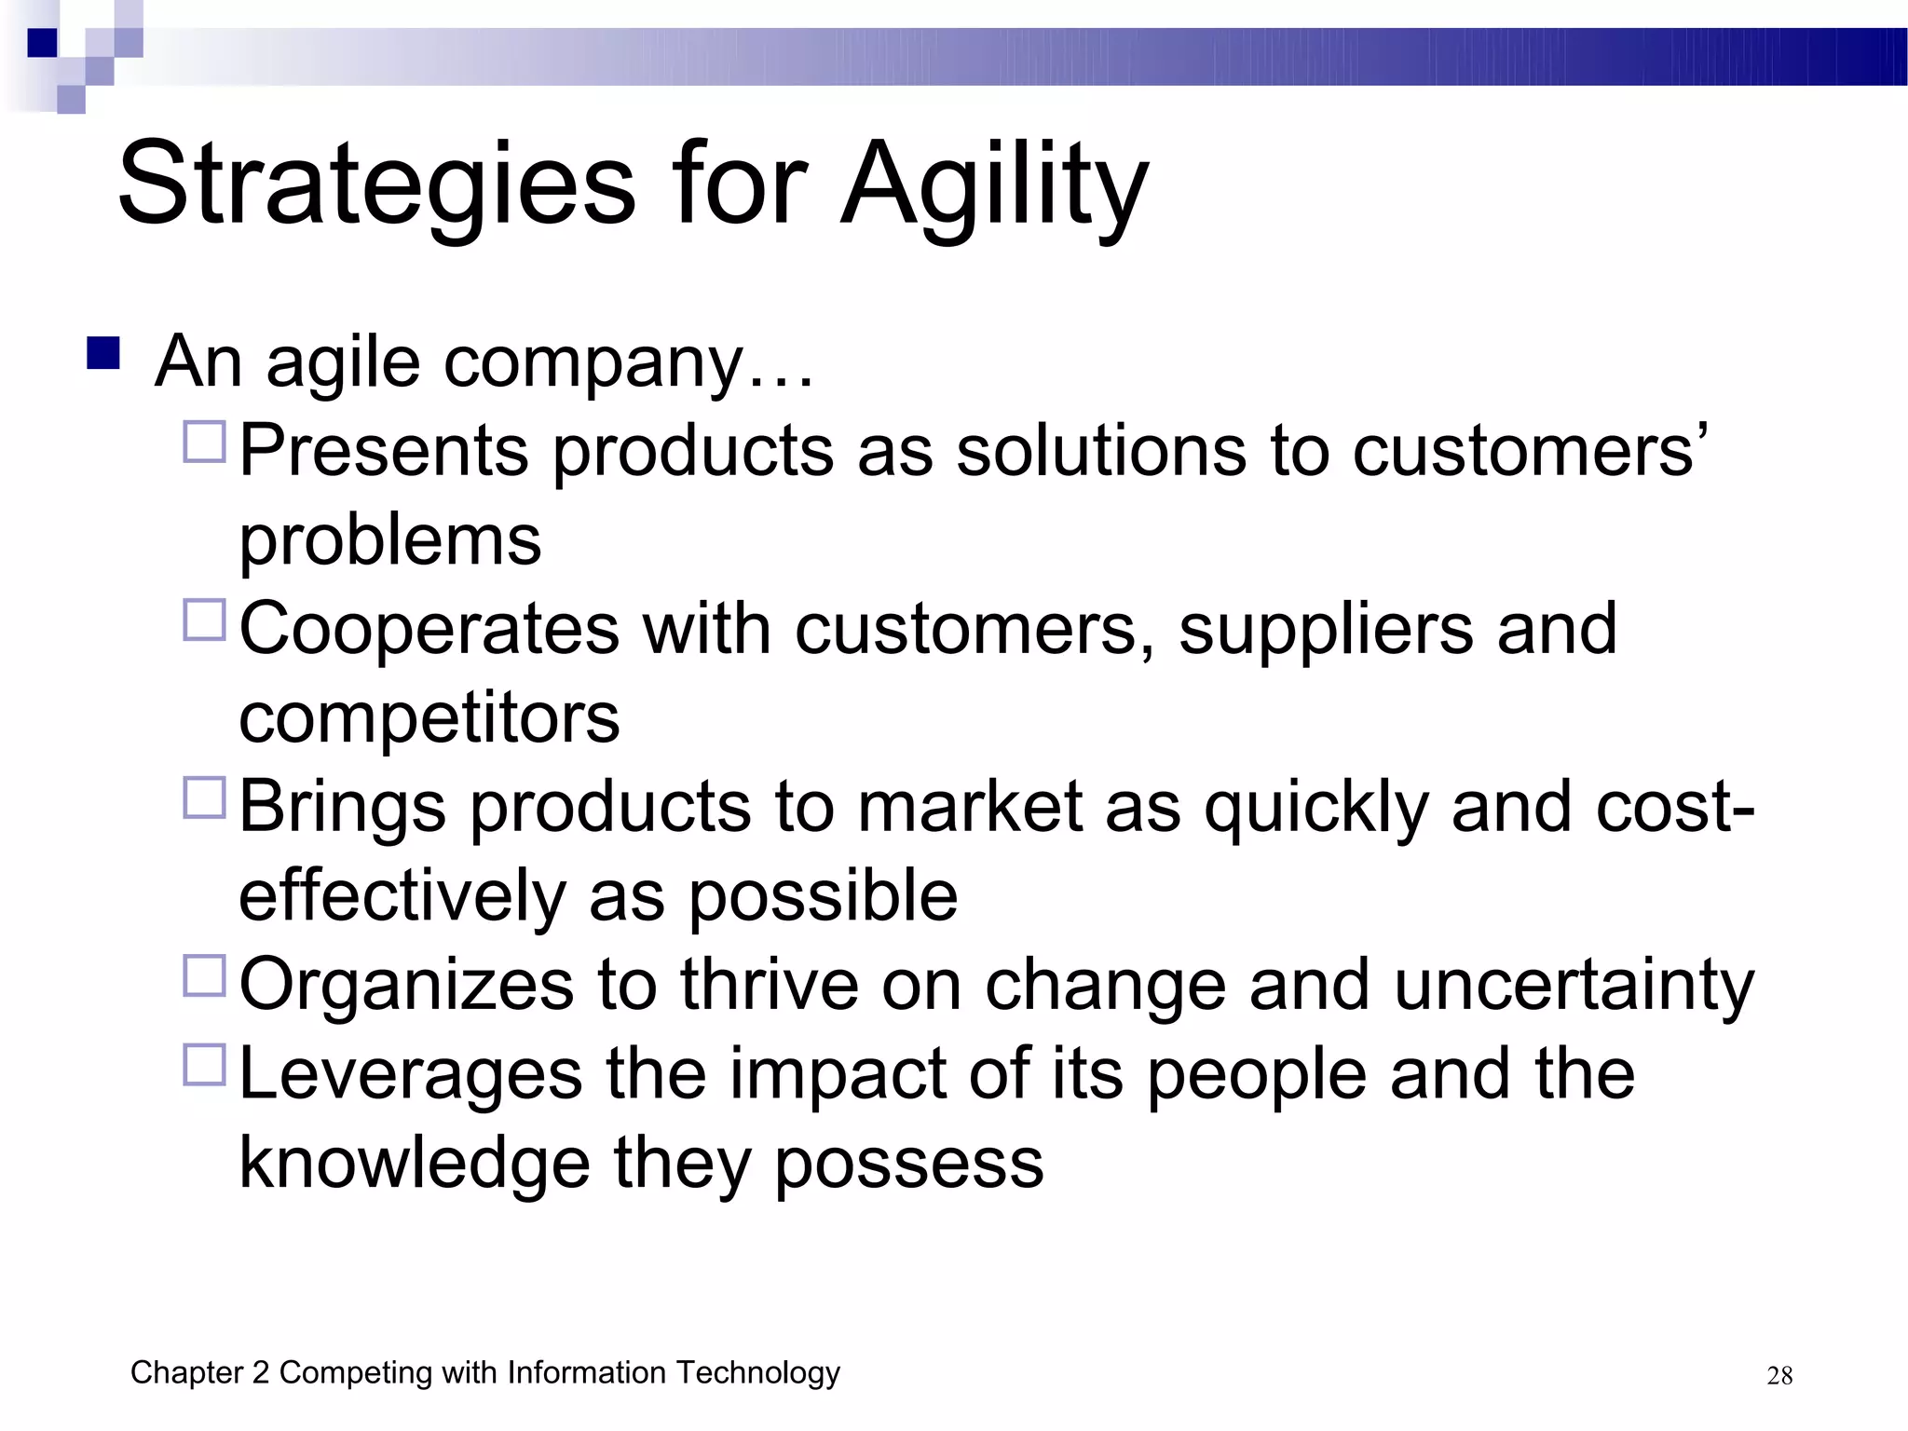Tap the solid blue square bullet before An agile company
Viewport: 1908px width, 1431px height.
[103, 354]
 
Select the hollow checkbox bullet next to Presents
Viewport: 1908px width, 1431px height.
[205, 442]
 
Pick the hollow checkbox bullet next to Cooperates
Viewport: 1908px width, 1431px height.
[205, 620]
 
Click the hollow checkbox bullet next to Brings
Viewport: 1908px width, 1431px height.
[205, 797]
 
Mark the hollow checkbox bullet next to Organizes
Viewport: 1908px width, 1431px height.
[205, 975]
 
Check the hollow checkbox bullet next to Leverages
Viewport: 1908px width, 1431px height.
[205, 1065]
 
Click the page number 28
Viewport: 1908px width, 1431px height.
[1779, 1376]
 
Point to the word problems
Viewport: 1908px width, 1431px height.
[389, 540]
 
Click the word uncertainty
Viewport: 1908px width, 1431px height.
[1574, 986]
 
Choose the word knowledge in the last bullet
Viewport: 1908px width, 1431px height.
[415, 1165]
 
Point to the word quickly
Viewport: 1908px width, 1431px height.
[1315, 808]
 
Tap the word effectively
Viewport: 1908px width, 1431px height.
[402, 896]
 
